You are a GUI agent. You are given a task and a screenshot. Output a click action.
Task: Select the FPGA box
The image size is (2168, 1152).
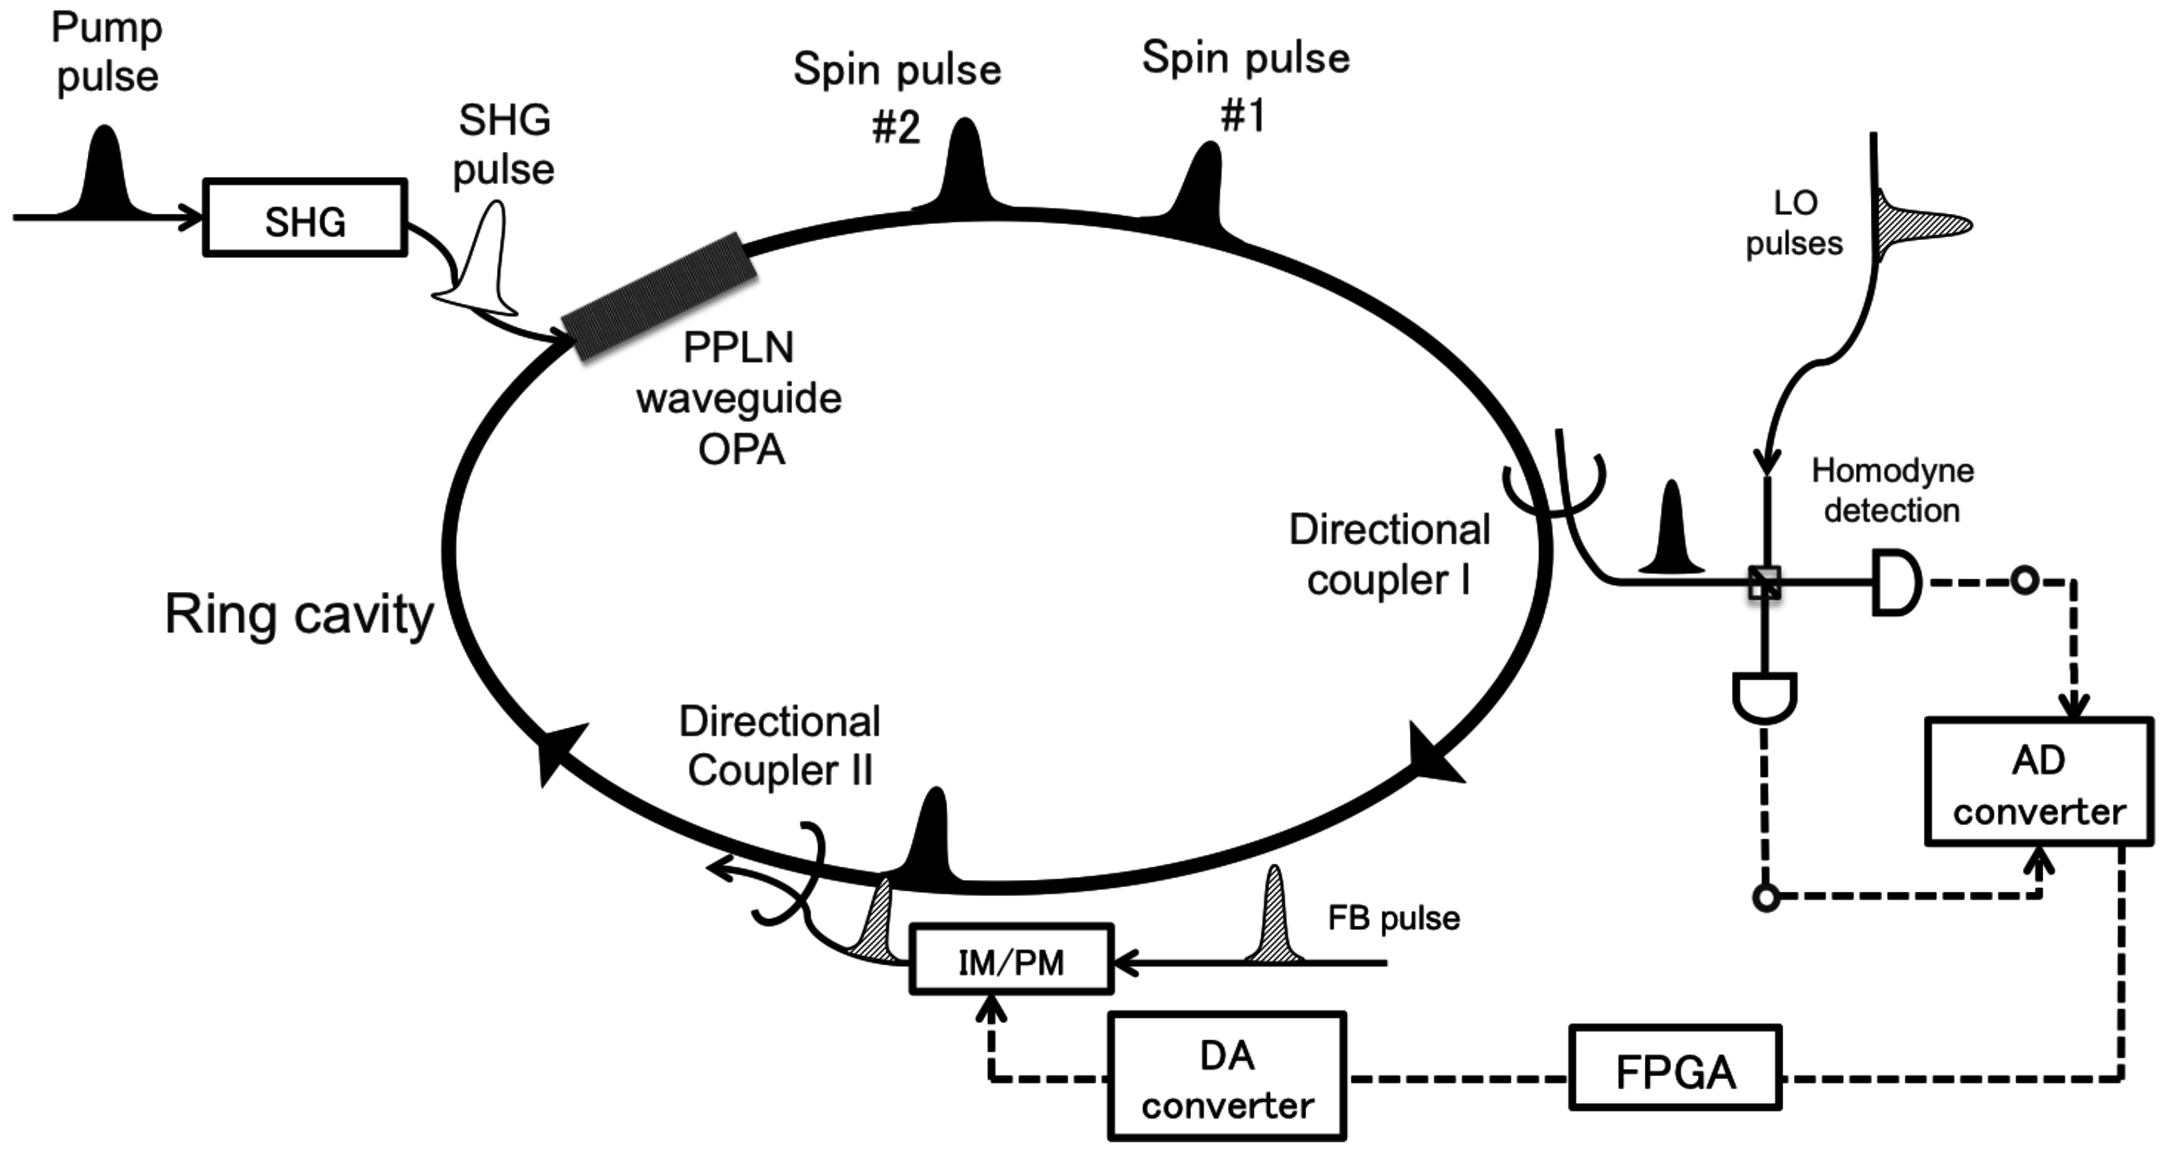click(1675, 1067)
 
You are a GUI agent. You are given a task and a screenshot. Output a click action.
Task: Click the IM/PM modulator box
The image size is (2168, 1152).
click(1010, 960)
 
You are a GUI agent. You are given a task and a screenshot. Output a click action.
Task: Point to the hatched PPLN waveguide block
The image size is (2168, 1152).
click(659, 296)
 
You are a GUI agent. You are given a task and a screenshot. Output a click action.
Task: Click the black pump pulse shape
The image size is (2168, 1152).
click(105, 176)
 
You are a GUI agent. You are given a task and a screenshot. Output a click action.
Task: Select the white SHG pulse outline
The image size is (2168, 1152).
click(484, 269)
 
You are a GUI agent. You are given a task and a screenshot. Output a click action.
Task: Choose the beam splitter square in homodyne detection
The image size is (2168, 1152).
click(1764, 582)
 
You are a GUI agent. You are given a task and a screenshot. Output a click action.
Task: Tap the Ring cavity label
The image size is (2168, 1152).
click(298, 614)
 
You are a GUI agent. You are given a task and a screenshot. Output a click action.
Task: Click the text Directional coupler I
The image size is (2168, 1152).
click(1388, 554)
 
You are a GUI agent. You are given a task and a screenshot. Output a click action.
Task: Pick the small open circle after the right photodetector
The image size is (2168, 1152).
click(2024, 581)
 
